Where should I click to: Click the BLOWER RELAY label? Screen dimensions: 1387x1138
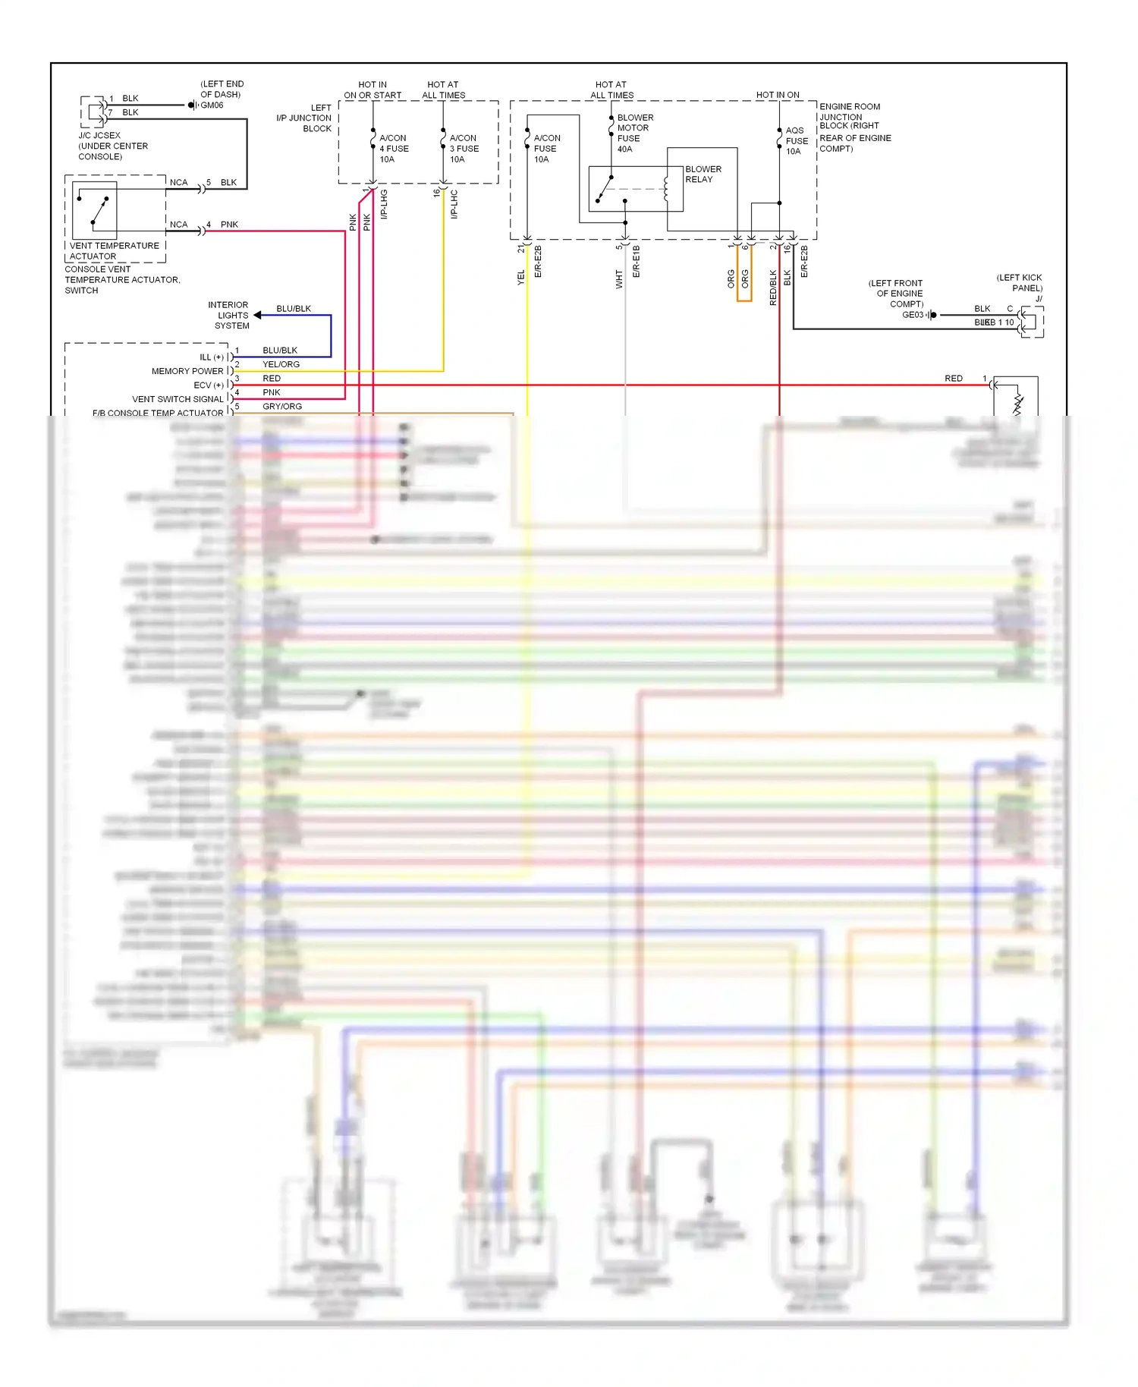pos(703,175)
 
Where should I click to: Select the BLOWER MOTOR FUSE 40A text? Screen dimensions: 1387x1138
pos(634,134)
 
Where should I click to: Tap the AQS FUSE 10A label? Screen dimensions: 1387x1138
pos(796,141)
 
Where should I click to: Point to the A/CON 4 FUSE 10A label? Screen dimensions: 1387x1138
pos(393,149)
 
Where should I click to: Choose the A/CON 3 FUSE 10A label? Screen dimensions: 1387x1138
pos(464,149)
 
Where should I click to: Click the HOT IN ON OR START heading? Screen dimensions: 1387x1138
pos(373,90)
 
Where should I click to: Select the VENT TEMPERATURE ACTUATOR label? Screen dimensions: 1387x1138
pos(114,251)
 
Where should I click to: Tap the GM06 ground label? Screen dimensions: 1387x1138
pos(212,105)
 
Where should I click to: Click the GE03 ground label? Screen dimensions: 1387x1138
pos(912,315)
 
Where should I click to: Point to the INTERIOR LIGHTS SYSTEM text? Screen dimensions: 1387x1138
pos(230,315)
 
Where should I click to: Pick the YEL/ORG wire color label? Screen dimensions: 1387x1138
pos(281,365)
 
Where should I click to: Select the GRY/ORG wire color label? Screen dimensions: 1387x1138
pos(281,407)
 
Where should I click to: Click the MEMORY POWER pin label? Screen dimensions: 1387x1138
pos(187,372)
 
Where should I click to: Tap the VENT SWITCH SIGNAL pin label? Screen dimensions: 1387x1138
pos(178,399)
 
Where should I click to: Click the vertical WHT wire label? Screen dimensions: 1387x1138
pos(619,279)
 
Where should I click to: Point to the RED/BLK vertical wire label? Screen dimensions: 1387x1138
pos(773,288)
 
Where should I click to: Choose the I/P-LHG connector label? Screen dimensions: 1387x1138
pos(384,204)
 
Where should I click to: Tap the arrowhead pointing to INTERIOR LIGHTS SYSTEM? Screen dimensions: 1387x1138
pos(258,315)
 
